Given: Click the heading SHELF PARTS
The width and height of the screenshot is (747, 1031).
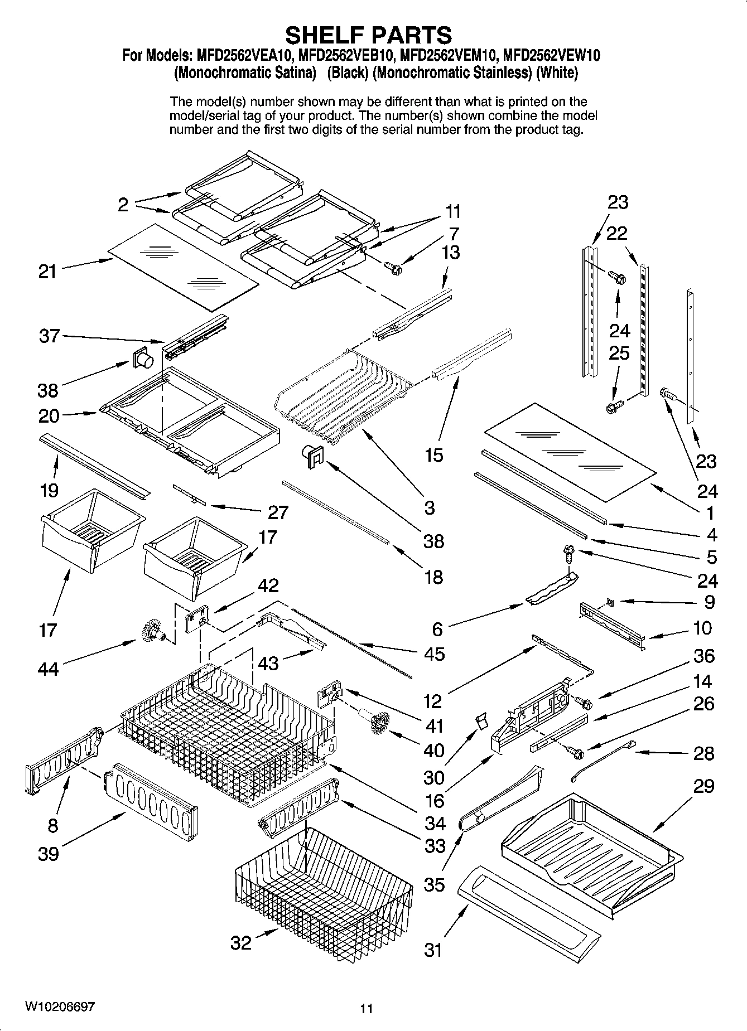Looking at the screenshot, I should click(369, 35).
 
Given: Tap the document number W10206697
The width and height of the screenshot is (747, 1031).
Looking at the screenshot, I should click(60, 1007).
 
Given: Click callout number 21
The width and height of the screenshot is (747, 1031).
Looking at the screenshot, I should click(47, 272).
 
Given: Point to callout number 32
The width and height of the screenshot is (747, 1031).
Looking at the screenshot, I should click(241, 942).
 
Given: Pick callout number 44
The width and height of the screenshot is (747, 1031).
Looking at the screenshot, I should click(48, 668).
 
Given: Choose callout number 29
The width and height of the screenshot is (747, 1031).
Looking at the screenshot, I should click(703, 786).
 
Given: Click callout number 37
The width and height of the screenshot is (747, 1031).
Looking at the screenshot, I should click(49, 336).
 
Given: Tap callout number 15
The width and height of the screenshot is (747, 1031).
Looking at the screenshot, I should click(433, 455).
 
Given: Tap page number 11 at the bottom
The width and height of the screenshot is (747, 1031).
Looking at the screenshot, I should click(366, 1008).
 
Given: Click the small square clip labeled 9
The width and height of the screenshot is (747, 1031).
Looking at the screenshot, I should click(610, 601).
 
